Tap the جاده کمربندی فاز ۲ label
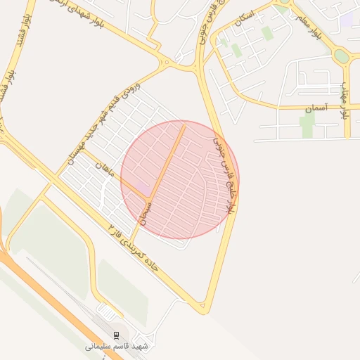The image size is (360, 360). [x=137, y=250]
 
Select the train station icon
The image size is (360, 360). [x=117, y=335]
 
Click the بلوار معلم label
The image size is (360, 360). [x=324, y=25]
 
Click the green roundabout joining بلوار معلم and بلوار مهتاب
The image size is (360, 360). [x=342, y=56]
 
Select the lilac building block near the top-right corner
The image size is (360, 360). [x=347, y=20]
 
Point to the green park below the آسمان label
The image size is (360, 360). [x=307, y=127]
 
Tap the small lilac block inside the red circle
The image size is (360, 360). [x=143, y=188]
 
